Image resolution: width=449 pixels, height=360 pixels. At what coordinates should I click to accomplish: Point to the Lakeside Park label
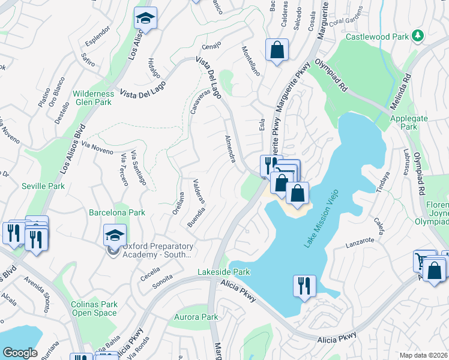(x=223, y=272)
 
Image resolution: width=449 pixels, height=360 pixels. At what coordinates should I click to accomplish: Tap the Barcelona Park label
(x=117, y=212)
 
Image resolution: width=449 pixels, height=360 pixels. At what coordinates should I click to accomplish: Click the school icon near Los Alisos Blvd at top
(x=145, y=19)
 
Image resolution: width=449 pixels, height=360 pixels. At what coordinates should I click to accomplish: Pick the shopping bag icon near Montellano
(x=277, y=51)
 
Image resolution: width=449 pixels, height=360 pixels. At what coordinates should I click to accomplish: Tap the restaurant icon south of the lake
(x=304, y=286)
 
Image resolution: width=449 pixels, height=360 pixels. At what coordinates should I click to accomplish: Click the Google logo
(x=20, y=352)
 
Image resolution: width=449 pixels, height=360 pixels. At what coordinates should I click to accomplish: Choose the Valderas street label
(x=200, y=192)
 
